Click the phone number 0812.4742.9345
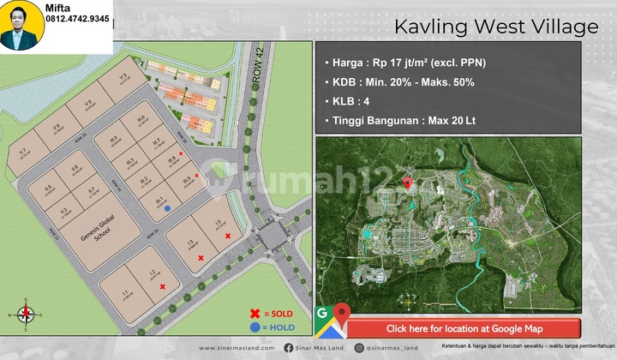76,18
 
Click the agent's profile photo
23,27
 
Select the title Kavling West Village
496,27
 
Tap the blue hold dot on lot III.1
167,207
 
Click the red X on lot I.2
163,286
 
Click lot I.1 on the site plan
125,296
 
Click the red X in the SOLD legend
255,313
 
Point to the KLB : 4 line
350,100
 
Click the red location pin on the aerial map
409,183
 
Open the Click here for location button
464,328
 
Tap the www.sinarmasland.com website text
237,348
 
